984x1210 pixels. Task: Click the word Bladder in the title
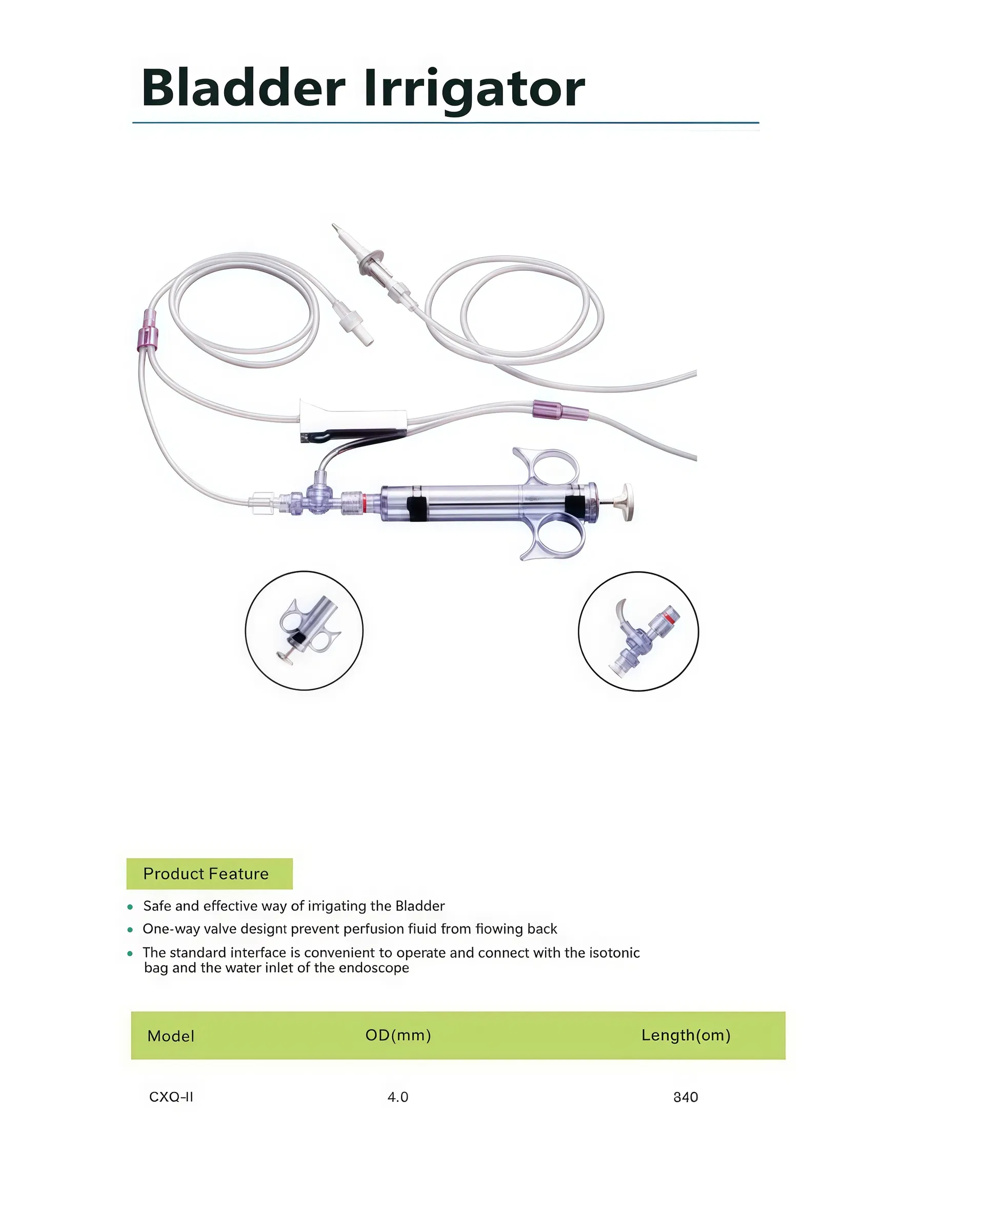point(243,88)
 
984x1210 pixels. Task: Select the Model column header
point(171,1036)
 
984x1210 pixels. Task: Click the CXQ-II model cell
point(171,1097)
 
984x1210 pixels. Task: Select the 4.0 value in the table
point(398,1097)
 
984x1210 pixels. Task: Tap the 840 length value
point(685,1097)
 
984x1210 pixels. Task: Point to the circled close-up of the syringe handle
point(304,630)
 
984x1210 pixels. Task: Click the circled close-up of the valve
point(638,631)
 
